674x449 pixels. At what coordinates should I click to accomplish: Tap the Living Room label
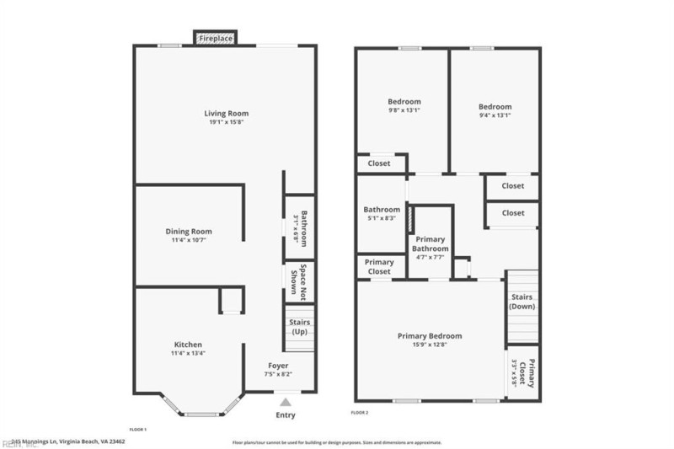point(227,113)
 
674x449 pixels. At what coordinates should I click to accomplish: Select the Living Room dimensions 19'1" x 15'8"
point(227,122)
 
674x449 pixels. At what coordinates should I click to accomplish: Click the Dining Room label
point(188,231)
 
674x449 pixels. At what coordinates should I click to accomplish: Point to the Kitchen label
point(188,344)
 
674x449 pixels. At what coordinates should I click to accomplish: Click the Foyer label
point(279,366)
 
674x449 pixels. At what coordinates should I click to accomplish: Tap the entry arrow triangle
point(286,402)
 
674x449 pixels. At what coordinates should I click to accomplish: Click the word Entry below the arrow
point(286,414)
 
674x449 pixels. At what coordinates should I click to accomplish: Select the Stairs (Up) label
point(300,327)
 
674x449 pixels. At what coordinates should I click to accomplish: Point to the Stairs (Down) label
point(522,302)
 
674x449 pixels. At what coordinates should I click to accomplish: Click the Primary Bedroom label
point(430,336)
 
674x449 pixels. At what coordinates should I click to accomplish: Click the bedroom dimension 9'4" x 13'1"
point(495,115)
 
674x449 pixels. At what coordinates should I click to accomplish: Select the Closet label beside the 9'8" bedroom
point(379,163)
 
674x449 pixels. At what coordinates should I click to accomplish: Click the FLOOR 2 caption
point(360,412)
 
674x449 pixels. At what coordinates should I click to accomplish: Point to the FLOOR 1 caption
point(137,430)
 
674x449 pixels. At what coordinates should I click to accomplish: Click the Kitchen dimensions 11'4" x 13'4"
point(188,353)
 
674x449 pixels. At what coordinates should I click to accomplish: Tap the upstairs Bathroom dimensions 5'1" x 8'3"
point(382,218)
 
